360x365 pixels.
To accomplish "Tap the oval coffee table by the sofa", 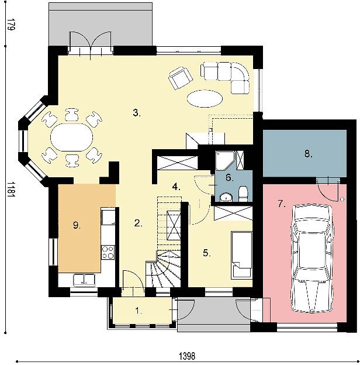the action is pos(205,99).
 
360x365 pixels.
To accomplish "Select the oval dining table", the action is pos(72,137).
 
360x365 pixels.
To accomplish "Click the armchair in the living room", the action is pos(181,78).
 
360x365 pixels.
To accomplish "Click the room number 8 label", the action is pos(309,154).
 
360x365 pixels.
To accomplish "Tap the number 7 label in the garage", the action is pos(282,204).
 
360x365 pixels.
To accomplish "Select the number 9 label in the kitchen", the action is pos(77,225).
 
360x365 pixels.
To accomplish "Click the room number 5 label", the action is pos(207,253).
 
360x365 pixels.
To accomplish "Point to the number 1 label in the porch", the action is pos(139,311).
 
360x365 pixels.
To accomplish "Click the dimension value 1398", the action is pos(187,356).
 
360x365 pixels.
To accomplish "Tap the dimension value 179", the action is pos(11,25).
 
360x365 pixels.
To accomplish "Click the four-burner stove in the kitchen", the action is pos(108,252).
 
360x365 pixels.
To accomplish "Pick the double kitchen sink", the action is pos(84,280).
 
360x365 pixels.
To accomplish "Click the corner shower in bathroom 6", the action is pos(224,160).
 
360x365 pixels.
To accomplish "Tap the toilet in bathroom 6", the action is pos(243,194).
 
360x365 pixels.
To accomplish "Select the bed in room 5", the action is pos(241,255).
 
